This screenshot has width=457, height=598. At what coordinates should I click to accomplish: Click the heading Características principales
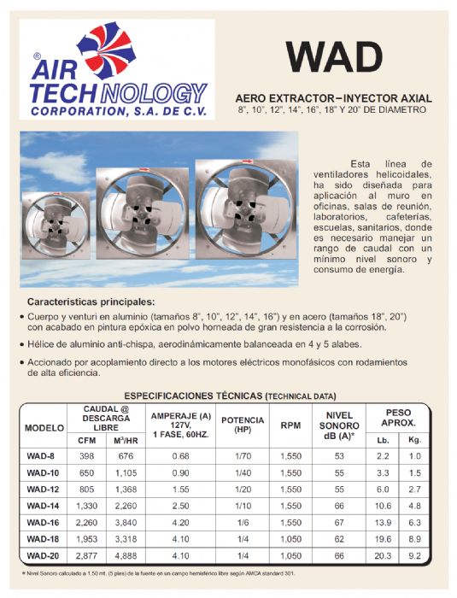(91, 302)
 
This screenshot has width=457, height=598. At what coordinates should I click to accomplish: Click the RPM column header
(291, 425)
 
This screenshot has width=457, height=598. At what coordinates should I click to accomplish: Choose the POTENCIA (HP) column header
(243, 425)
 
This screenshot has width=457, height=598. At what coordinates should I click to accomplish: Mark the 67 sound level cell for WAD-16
(339, 521)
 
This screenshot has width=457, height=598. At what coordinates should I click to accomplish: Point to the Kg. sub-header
(415, 439)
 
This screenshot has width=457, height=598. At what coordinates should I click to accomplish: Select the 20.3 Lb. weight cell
(382, 554)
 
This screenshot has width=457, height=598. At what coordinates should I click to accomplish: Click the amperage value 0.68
(180, 455)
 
